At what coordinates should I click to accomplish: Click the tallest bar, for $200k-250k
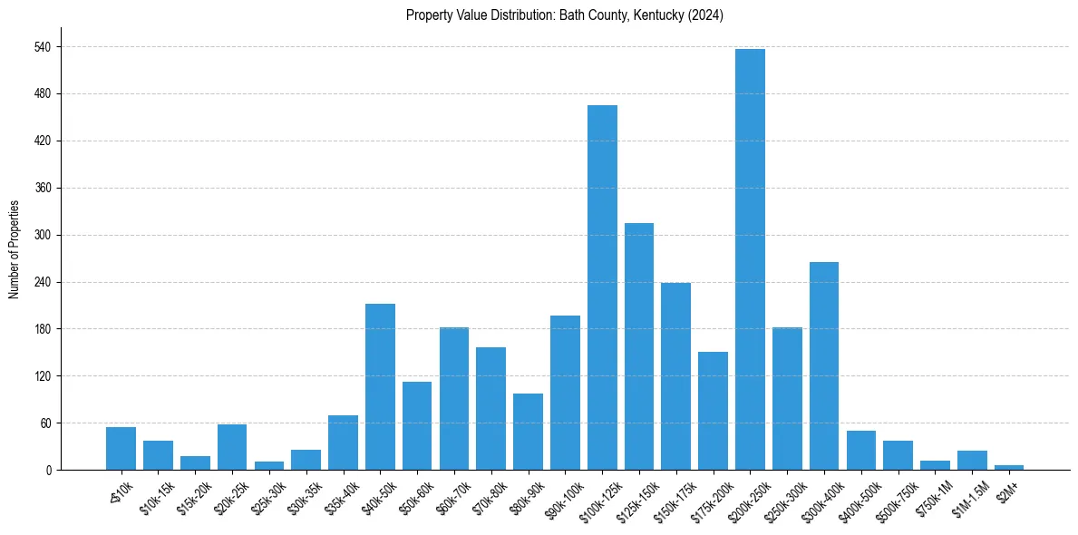tap(750, 259)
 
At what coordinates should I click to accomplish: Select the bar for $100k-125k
tap(602, 287)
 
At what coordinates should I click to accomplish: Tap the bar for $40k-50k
tap(380, 386)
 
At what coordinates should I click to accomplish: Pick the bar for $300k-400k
tap(824, 365)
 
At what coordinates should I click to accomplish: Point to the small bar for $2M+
tap(1009, 467)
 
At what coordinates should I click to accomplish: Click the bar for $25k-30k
tap(269, 465)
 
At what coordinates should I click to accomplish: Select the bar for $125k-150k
tap(639, 346)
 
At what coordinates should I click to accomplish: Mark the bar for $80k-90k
tap(528, 432)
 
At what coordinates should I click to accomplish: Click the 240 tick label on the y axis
tap(44, 282)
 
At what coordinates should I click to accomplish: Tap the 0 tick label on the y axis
tap(49, 470)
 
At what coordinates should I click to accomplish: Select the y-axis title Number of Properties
tap(14, 249)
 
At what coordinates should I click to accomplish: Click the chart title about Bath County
tap(565, 15)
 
